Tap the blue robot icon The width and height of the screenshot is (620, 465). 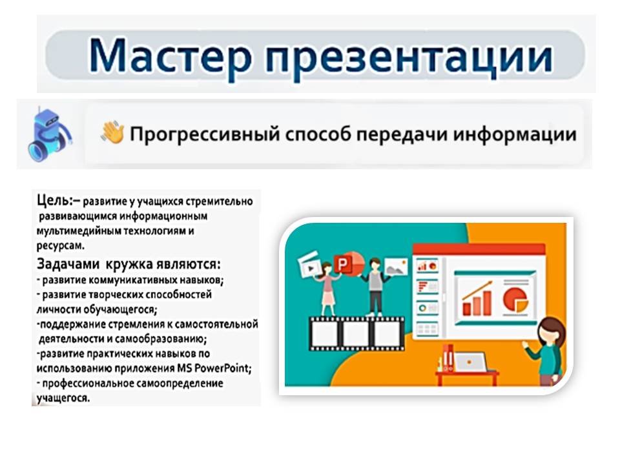(x=49, y=135)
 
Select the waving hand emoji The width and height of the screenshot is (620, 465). (x=112, y=132)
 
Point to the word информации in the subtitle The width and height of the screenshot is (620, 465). (x=515, y=134)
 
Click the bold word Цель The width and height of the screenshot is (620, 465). (x=54, y=201)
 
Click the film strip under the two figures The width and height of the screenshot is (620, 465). (x=356, y=333)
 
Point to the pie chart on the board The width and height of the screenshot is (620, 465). (x=515, y=299)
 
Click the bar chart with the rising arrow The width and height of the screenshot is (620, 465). (x=477, y=298)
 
